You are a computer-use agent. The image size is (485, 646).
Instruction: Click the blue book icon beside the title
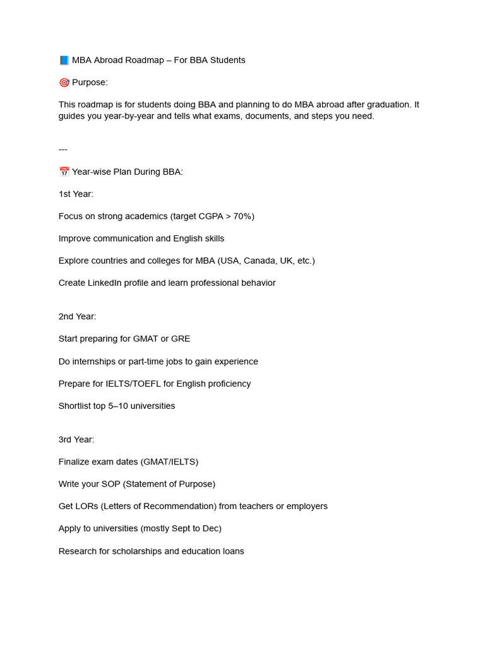tap(64, 61)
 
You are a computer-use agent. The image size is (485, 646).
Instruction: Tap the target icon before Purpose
tap(64, 83)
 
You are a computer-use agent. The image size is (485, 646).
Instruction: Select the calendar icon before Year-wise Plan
tap(64, 172)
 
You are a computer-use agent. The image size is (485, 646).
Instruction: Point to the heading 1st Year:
tap(76, 194)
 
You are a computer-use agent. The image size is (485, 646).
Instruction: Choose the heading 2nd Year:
tap(78, 317)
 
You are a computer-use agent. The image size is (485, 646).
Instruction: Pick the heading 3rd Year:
tap(76, 440)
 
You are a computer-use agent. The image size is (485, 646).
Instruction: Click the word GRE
tap(181, 339)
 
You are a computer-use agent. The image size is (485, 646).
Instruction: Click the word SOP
tap(110, 484)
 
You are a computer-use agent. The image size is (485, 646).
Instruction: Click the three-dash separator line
tap(63, 150)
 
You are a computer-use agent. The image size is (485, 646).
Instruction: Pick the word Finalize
tap(75, 462)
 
